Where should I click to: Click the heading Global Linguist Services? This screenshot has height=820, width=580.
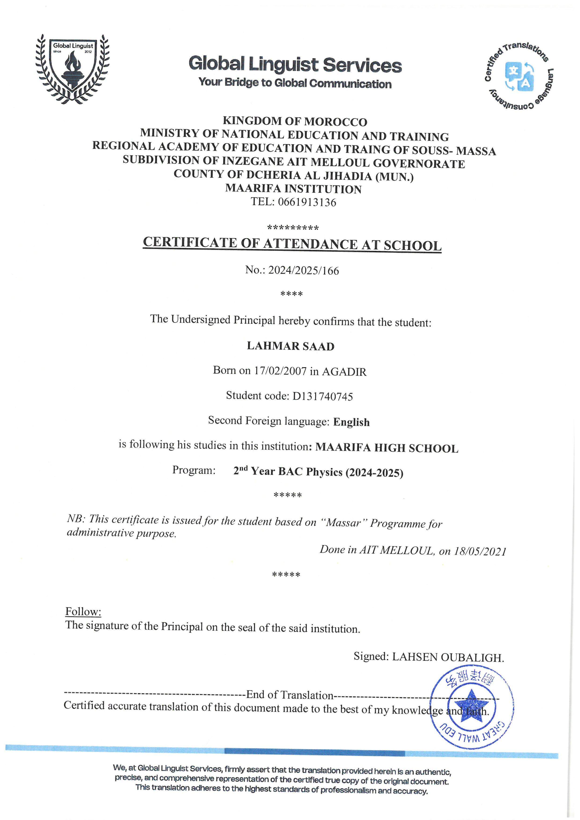coord(295,65)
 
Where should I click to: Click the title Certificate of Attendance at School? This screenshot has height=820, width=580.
coord(292,244)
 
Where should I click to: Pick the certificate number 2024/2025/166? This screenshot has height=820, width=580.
coord(304,270)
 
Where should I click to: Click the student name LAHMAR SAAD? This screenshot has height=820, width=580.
coord(291,346)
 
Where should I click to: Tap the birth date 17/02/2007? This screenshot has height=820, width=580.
coord(280,371)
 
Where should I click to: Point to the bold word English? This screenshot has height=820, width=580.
coord(351,422)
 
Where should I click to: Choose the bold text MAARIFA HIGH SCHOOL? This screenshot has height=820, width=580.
coord(387,448)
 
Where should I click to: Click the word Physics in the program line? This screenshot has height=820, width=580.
coord(324,472)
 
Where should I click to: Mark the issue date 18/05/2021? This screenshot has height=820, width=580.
coord(480,551)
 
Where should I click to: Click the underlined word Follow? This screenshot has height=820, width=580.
coord(83,611)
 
